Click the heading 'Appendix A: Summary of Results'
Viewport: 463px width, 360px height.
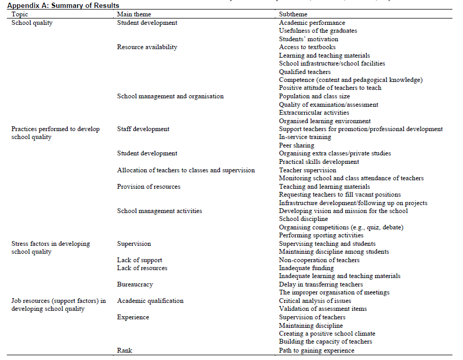coord(63,5)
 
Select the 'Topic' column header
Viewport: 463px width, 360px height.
coord(20,14)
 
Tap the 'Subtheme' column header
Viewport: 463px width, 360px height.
coord(293,14)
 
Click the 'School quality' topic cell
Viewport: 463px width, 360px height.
coord(32,23)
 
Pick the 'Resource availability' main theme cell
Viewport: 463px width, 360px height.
coord(147,47)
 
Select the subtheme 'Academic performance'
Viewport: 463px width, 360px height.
coord(312,23)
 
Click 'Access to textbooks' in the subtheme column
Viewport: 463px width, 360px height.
coord(307,47)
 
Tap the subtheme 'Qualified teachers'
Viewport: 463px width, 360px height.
coord(305,72)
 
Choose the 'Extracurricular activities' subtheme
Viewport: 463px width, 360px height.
coord(314,113)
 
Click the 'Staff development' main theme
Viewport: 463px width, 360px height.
coord(143,129)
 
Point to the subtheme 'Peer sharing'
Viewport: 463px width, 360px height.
coord(297,145)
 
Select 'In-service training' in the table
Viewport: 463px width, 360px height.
coord(305,137)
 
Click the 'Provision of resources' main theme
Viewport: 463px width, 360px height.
coord(149,187)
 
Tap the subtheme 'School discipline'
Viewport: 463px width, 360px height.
coord(303,219)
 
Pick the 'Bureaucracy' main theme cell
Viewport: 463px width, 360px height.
coord(135,284)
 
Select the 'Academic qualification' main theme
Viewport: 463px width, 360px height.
coord(150,301)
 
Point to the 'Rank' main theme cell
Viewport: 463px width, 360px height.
coord(125,350)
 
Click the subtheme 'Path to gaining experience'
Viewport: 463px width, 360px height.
coord(317,350)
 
